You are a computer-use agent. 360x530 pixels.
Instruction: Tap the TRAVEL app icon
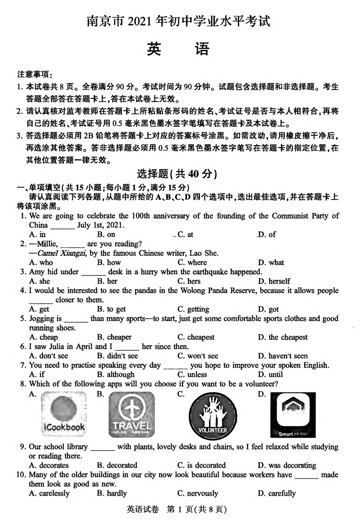tap(131, 414)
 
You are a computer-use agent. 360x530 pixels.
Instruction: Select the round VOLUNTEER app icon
tap(212, 415)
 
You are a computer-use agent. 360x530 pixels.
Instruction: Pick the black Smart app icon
tap(292, 415)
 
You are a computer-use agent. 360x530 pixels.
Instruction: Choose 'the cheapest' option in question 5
tap(283, 337)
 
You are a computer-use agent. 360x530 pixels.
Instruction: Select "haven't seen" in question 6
tap(283, 356)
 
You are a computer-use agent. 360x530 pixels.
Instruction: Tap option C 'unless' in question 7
tap(192, 375)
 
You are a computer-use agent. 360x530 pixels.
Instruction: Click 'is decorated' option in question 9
tap(201, 466)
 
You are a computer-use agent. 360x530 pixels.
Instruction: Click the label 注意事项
tap(34, 74)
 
